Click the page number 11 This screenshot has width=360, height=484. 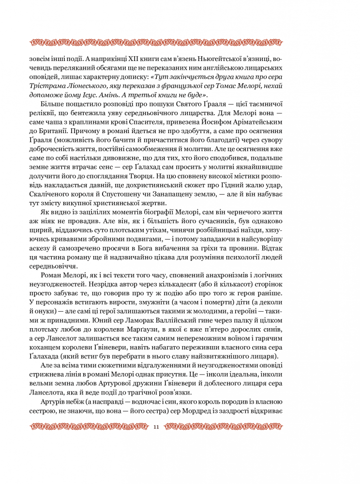156,427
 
